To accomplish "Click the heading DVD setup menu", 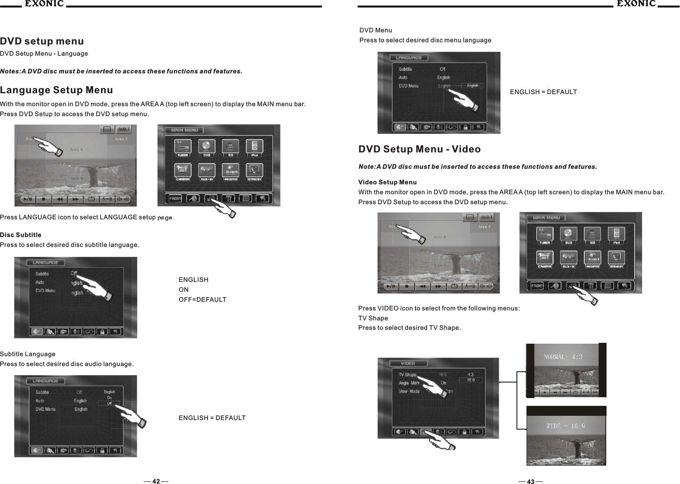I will click(42, 41).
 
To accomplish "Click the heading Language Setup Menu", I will click(57, 90).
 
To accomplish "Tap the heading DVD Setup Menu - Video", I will click(419, 149).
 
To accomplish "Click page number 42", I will click(156, 481).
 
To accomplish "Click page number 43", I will click(530, 481).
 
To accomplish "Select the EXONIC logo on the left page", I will click(43, 4).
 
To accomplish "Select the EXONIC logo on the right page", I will click(636, 4).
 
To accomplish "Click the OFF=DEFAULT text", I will click(202, 300).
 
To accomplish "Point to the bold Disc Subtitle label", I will click(21, 235).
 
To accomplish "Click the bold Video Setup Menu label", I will click(387, 182).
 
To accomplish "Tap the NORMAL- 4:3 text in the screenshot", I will click(564, 357).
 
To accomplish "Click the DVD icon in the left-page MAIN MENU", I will click(207, 147).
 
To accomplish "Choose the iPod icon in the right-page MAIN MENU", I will click(617, 235).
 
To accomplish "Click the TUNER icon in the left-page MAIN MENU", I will click(183, 147).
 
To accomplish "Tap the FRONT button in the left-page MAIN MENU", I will click(175, 199).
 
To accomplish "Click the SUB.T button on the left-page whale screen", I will click(124, 130).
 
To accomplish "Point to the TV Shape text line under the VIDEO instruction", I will click(373, 318).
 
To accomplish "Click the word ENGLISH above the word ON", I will click(193, 280).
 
